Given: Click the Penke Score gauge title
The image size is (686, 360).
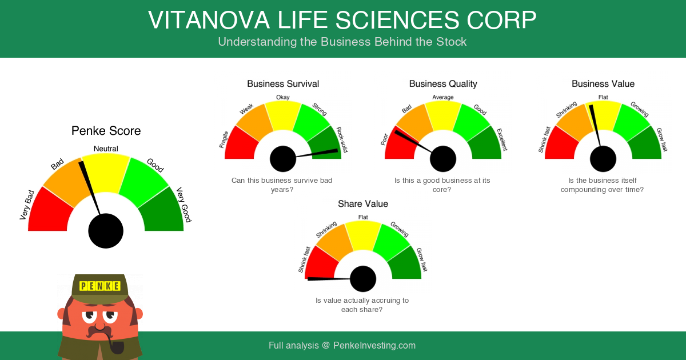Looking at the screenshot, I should pyautogui.click(x=106, y=131).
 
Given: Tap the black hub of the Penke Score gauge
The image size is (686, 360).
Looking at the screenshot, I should pyautogui.click(x=106, y=231).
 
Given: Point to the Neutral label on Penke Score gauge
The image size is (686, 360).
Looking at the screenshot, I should pyautogui.click(x=106, y=149).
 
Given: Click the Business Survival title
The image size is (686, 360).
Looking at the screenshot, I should pyautogui.click(x=283, y=84).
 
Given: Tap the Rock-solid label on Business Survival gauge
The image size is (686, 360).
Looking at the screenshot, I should pyautogui.click(x=342, y=140).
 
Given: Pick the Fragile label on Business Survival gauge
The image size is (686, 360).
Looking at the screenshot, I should pyautogui.click(x=224, y=139).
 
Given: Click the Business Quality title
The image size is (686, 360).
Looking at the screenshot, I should pyautogui.click(x=443, y=84).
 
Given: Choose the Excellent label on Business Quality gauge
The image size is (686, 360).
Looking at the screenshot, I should pyautogui.click(x=502, y=139).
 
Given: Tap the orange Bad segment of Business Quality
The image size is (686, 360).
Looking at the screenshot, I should pyautogui.click(x=415, y=122).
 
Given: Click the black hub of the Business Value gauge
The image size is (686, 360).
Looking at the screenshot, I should pyautogui.click(x=603, y=159).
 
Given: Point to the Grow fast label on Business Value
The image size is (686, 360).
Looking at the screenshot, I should pyautogui.click(x=662, y=139).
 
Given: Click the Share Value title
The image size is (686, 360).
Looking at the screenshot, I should pyautogui.click(x=363, y=204).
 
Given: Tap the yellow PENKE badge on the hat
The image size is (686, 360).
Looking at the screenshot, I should pyautogui.click(x=100, y=286).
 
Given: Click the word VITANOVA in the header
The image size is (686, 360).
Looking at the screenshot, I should pyautogui.click(x=209, y=21).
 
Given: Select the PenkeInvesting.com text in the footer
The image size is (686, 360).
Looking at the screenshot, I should pyautogui.click(x=374, y=345).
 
